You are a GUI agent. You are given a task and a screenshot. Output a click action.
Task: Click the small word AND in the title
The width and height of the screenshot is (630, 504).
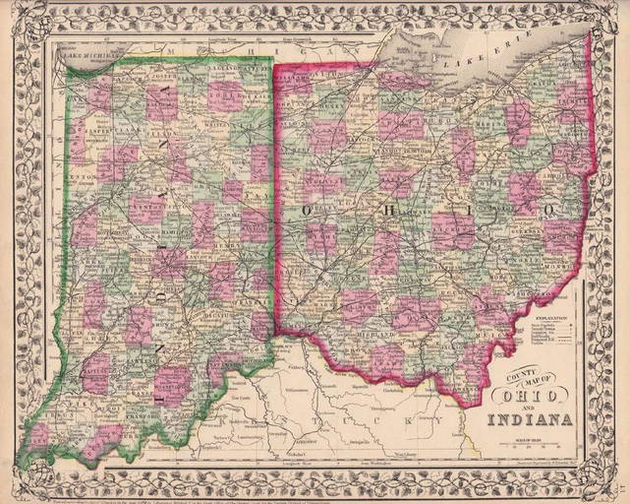(x=528, y=409)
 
